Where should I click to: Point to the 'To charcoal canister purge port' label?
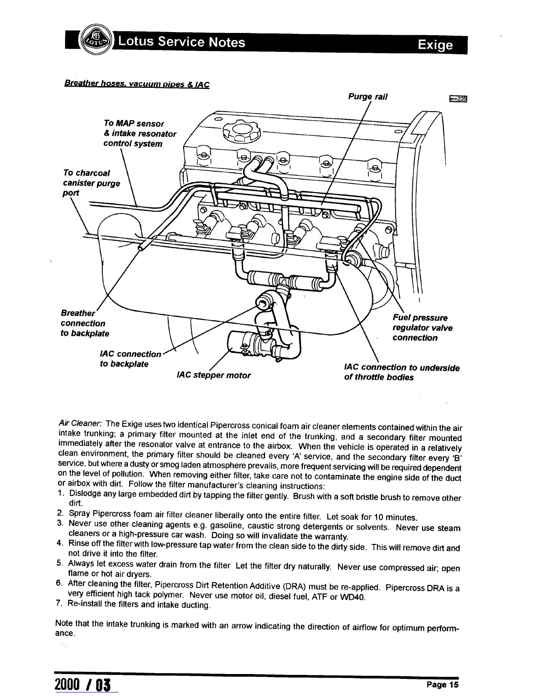pos(91,182)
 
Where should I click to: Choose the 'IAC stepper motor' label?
pos(213,375)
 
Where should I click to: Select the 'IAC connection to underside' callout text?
pos(402,368)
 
